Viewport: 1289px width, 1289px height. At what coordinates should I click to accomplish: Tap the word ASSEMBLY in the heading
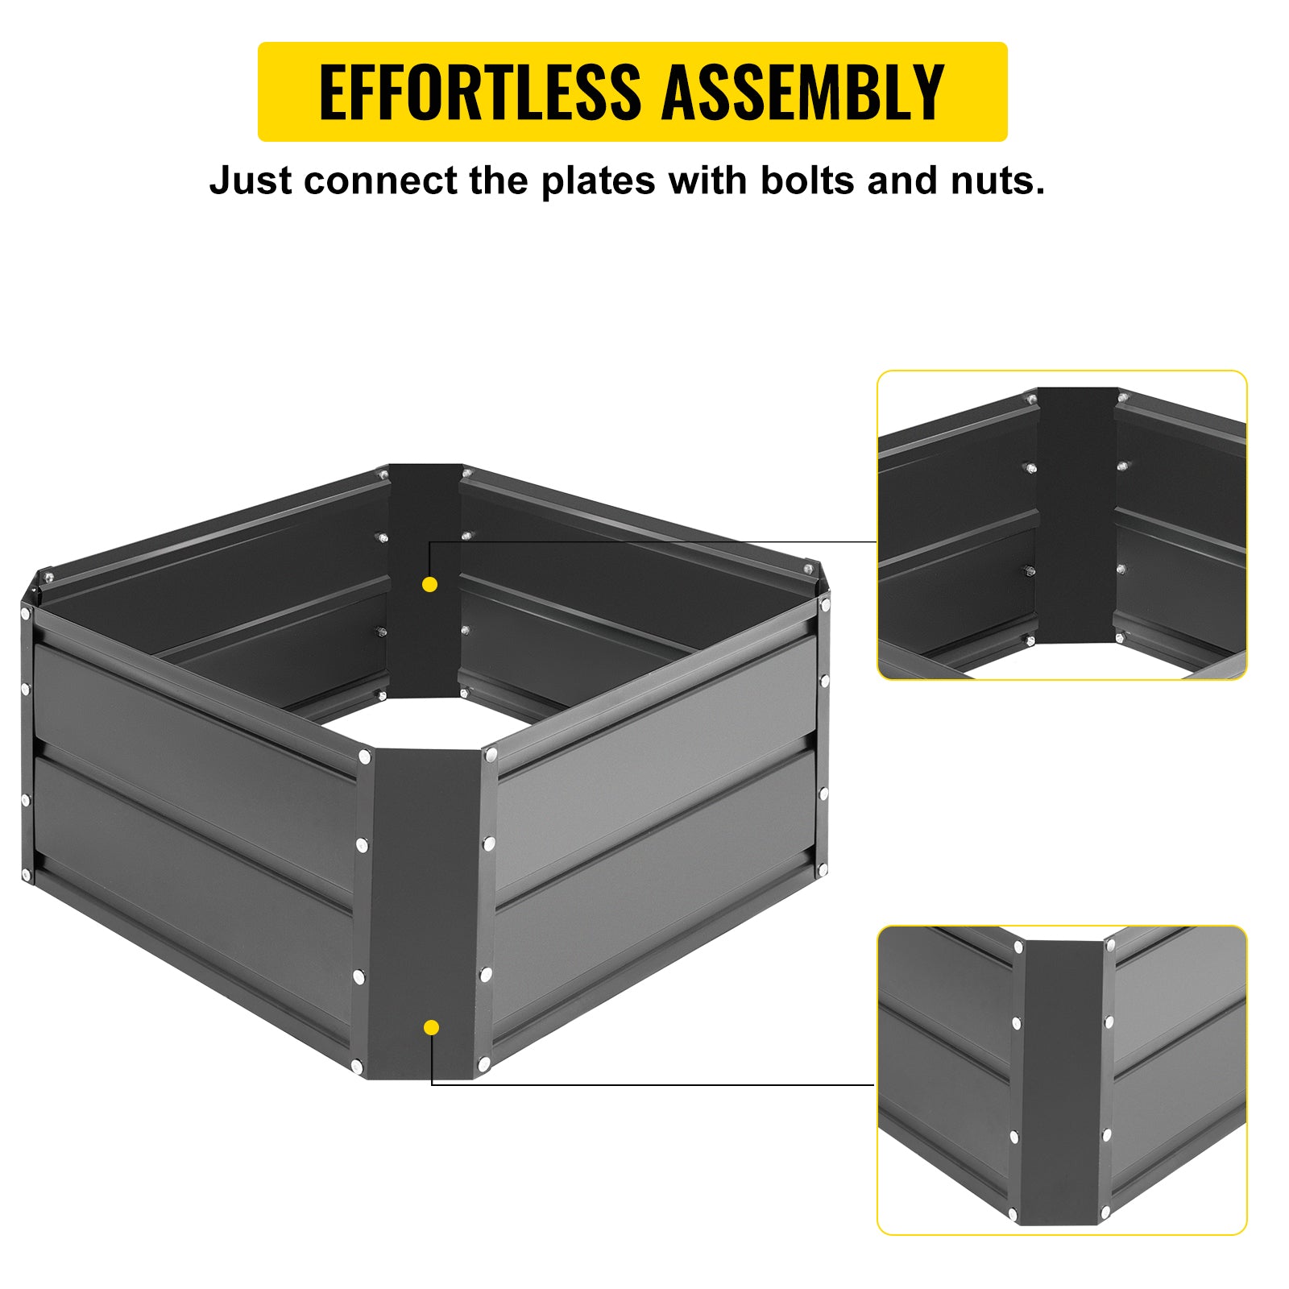[x=802, y=92]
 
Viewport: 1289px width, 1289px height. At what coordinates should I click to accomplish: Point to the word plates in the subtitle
[x=598, y=181]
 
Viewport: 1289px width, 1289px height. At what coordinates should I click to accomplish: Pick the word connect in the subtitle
[x=380, y=181]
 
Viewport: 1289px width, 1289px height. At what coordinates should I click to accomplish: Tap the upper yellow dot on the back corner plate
[x=429, y=584]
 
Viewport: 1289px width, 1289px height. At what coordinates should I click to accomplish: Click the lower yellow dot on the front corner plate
[x=431, y=1027]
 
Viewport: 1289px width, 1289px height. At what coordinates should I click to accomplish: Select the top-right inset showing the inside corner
[x=1062, y=525]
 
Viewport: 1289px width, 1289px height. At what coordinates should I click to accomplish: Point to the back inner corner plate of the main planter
[x=425, y=580]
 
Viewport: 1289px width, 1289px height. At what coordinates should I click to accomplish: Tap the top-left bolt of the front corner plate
[x=365, y=756]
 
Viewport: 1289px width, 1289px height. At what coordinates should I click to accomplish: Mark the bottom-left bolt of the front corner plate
[x=357, y=1064]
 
